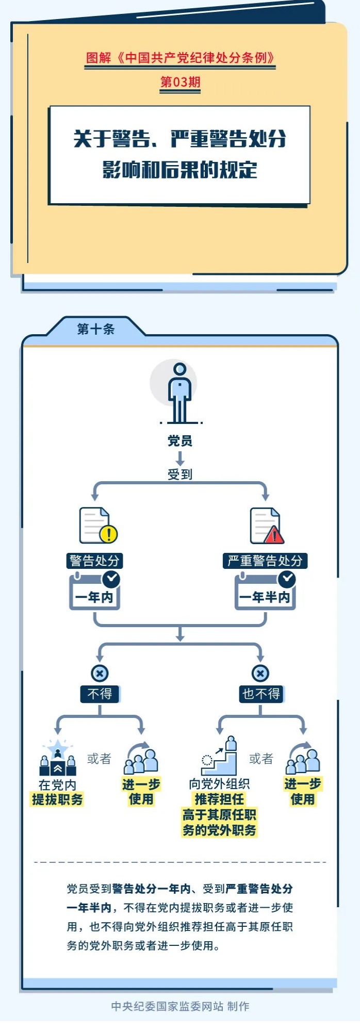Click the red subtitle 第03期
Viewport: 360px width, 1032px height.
click(x=180, y=82)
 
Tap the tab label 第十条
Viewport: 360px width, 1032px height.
click(x=95, y=329)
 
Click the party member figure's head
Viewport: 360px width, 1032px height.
click(x=180, y=369)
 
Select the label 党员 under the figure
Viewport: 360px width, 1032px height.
click(x=180, y=441)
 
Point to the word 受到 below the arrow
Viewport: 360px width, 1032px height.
click(x=180, y=474)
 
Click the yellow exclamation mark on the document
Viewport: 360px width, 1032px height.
click(x=109, y=534)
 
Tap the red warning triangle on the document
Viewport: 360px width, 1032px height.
click(x=274, y=535)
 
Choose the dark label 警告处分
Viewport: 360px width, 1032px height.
click(x=95, y=561)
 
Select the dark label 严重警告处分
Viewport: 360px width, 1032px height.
click(x=265, y=561)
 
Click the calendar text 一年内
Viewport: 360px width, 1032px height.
click(x=94, y=597)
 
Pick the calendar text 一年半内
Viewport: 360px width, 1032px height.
click(x=265, y=597)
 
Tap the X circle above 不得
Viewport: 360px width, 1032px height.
click(x=100, y=673)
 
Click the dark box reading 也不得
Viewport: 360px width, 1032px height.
click(x=261, y=694)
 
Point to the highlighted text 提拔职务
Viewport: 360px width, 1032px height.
click(x=57, y=799)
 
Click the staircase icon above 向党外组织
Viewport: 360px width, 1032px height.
click(x=220, y=757)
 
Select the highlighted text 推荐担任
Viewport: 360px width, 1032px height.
click(x=219, y=799)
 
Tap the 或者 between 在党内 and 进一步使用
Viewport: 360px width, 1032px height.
click(x=99, y=759)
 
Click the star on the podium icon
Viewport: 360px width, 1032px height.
click(x=58, y=747)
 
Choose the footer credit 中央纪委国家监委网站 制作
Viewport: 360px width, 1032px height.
click(x=180, y=1006)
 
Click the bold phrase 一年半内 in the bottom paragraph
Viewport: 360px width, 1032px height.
click(x=89, y=907)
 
